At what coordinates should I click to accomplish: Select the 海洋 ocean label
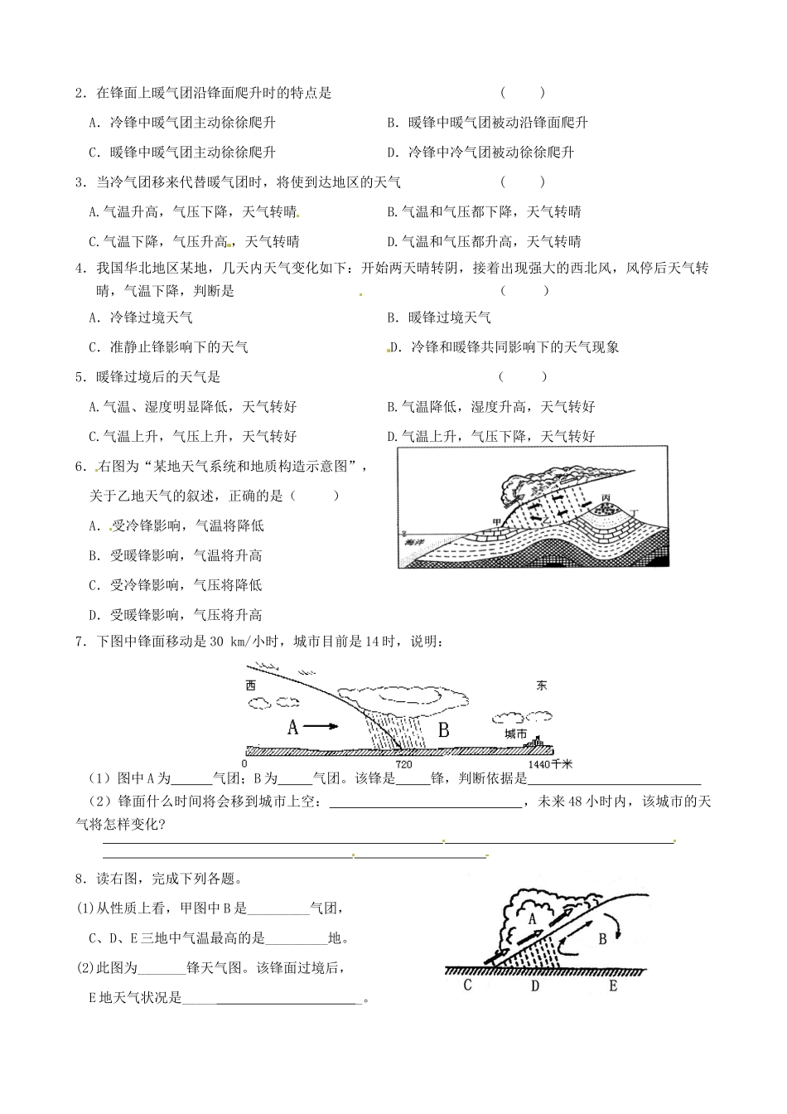coord(412,540)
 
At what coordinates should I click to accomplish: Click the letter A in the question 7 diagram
coord(292,728)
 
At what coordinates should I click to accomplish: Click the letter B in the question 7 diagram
coord(443,729)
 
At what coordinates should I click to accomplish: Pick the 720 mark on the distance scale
coord(404,763)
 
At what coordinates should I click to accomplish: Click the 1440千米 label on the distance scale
coord(551,763)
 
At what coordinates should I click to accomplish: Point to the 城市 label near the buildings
coord(514,734)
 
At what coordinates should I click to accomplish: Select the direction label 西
coord(250,685)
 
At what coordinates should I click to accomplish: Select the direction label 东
coord(541,685)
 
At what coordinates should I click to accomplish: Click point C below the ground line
coord(467,985)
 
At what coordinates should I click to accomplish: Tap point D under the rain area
coord(535,985)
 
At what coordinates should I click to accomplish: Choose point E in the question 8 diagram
coord(612,985)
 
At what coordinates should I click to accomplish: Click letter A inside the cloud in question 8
coord(533,918)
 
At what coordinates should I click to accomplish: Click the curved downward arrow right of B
coord(615,925)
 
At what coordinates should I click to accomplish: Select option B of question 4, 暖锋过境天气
coord(439,317)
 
